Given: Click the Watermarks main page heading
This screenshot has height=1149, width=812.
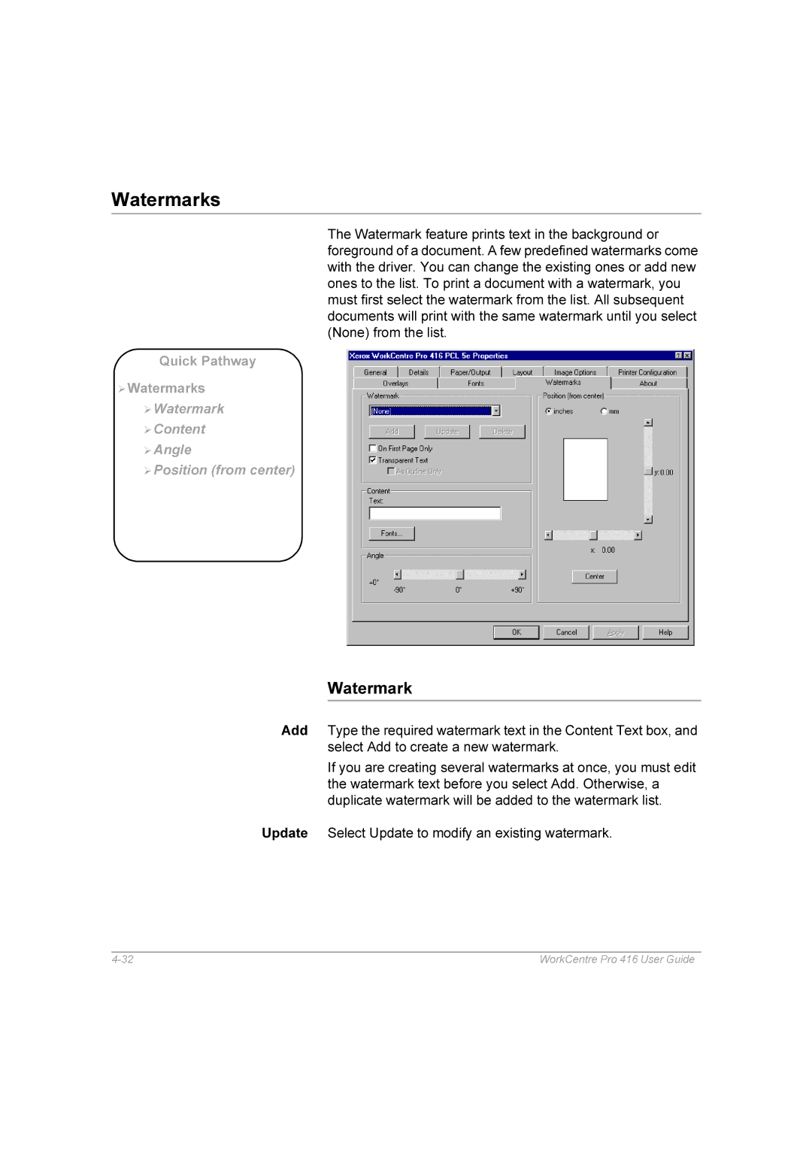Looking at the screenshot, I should coord(165,199).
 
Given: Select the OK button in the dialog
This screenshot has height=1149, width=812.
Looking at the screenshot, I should coord(516,632).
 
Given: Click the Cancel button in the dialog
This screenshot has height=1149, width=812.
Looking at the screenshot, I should coord(566,632).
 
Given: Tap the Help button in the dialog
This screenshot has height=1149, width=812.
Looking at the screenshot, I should coord(665,632).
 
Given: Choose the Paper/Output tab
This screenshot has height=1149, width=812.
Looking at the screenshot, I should coord(470,372).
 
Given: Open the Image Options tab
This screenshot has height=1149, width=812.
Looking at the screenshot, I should coord(574,372).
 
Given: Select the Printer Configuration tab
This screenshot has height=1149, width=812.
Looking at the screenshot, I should coord(647,372).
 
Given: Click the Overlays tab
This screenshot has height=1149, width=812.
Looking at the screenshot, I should coord(395,384).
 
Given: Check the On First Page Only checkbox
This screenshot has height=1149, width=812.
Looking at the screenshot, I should coord(373,448).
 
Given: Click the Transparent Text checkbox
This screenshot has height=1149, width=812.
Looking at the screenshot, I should coord(373,459).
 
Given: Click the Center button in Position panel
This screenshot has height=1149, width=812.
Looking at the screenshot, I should coord(594,577).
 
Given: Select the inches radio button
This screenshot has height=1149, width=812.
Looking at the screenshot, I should coord(549,411).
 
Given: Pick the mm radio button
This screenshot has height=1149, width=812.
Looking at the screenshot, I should coord(604,411).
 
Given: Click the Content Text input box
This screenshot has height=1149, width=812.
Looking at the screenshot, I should coord(435,514).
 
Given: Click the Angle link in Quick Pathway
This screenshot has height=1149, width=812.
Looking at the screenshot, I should coord(172,450).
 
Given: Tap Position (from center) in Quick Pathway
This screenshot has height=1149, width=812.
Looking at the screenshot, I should coord(224,470).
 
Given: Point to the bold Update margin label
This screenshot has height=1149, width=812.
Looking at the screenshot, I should coord(284,833).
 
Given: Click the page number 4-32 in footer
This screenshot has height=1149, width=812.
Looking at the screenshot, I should coord(123,960).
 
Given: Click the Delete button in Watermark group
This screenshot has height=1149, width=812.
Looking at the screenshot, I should coord(502,432).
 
